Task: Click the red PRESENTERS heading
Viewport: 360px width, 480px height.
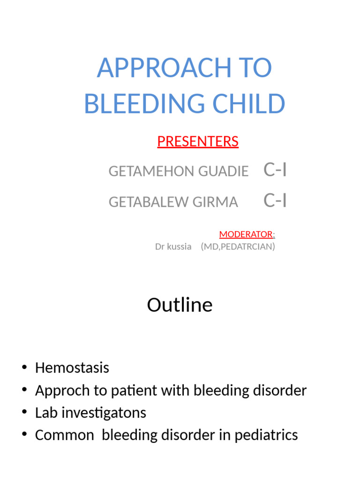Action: coord(198,141)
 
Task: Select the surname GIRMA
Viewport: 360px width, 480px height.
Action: coord(218,202)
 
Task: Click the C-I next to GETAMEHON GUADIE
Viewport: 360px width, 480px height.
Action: coord(275,170)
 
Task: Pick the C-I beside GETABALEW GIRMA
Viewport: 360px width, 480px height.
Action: coord(275,200)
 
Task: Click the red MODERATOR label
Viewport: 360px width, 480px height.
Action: coord(246,234)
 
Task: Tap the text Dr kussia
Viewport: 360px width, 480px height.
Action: coord(173,246)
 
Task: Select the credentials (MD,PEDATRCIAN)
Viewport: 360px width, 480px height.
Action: coord(238,246)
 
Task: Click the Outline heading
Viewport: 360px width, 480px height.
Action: coord(180,305)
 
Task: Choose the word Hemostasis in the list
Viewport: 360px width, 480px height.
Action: coord(72,367)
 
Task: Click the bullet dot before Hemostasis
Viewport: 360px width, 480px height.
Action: coord(24,367)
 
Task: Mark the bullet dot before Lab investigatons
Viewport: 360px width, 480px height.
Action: coord(24,412)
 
